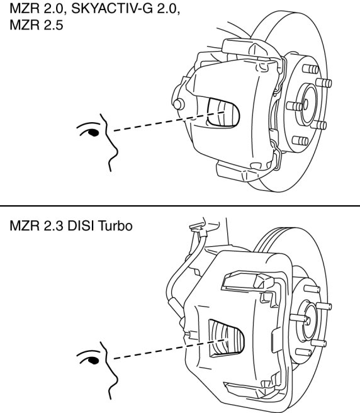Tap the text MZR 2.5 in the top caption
(37, 25)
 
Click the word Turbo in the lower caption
(115, 226)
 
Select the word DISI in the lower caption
(81, 226)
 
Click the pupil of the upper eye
(94, 132)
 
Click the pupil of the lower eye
(94, 361)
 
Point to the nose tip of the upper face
(118, 152)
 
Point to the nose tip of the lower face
(118, 380)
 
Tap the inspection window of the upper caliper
(223, 113)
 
